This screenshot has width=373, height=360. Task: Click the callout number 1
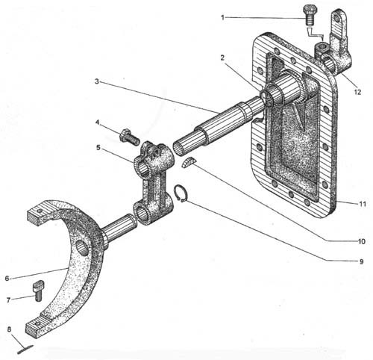coord(222,17)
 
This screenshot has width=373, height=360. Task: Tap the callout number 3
coord(97,81)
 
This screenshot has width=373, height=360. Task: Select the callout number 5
coord(98,148)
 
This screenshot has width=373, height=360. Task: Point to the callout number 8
coord(9,329)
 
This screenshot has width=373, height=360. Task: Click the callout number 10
coord(361,241)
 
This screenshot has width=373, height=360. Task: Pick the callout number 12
coord(357,92)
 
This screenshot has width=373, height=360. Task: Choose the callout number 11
coord(363,204)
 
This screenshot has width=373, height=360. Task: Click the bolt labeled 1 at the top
coord(309,15)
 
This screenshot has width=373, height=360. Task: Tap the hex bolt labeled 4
coord(130,137)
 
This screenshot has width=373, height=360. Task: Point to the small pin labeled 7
coord(38,291)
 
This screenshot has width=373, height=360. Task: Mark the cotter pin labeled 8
coord(25,349)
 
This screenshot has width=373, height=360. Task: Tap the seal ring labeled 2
coord(266,98)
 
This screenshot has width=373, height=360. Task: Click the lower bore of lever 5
coord(142,214)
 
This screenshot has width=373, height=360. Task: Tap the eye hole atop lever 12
coord(337,17)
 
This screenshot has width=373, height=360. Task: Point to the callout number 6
coord(7,278)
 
